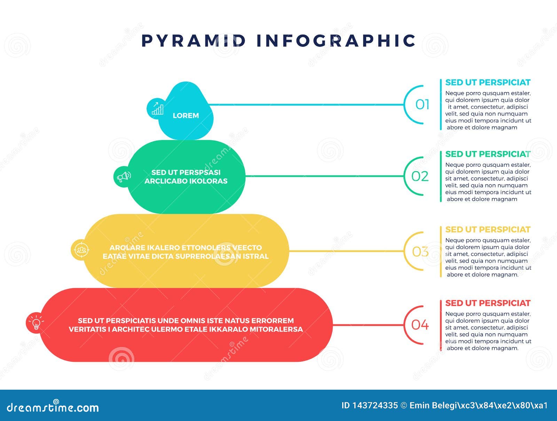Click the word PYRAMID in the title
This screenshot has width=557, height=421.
coord(194,40)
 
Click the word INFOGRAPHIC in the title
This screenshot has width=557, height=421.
coord(336,40)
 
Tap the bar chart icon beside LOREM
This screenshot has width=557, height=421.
coord(157,109)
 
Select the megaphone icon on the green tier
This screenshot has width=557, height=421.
coord(124,177)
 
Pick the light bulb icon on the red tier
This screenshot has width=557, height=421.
coord(36,323)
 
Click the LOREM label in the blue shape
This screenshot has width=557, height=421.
coord(186,116)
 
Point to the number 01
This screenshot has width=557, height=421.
coord(422,104)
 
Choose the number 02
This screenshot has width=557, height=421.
coord(420,176)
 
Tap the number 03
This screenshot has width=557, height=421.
coord(420,252)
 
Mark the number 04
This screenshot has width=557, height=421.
coord(420,325)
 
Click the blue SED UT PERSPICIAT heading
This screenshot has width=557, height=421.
coord(488,82)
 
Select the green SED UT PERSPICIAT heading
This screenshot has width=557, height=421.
coord(488,154)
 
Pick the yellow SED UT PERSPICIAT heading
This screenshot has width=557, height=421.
coord(488,230)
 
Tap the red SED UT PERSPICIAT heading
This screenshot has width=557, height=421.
coord(488,303)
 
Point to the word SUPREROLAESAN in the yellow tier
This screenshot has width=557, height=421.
coord(212,256)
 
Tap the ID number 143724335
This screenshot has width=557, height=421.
coord(375,405)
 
